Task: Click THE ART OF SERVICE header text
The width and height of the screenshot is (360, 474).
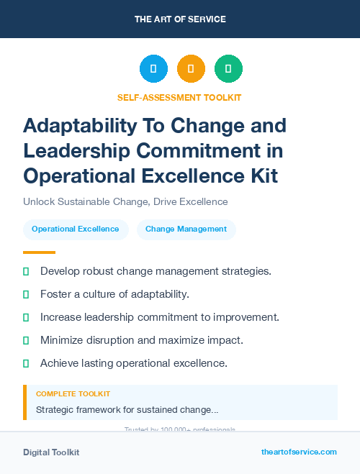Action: tap(180, 19)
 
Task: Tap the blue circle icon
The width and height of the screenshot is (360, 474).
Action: tap(153, 69)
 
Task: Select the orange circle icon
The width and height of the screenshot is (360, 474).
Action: tap(191, 69)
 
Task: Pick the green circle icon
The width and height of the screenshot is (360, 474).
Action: tap(228, 69)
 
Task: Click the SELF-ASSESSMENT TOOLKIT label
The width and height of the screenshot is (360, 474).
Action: tap(179, 97)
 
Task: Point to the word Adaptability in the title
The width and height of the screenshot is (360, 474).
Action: tap(80, 125)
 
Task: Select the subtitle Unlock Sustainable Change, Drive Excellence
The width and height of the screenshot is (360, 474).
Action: tap(125, 202)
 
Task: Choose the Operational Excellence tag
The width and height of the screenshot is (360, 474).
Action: tap(76, 229)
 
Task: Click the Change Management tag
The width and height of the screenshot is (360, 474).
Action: tap(186, 229)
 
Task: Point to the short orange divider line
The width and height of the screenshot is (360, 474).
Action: tap(39, 252)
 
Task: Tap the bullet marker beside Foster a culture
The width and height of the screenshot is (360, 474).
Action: tap(26, 295)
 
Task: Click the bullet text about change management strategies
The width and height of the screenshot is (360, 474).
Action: tap(156, 271)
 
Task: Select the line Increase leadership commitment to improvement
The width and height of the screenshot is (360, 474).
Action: tap(160, 317)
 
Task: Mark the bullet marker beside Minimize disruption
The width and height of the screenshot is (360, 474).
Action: tap(26, 340)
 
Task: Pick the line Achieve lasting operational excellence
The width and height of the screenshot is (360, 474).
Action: tap(134, 363)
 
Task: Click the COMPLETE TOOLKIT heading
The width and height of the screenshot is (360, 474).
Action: tap(73, 394)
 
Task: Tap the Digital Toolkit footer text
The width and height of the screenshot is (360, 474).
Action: tap(51, 452)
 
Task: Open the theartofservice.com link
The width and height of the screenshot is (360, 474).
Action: tap(299, 452)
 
